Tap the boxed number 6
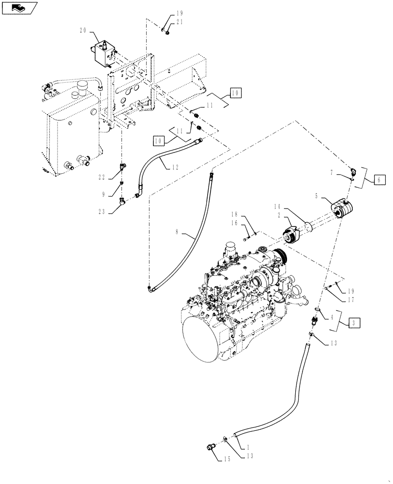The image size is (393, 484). coord(380,180)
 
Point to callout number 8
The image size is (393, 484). coord(178,233)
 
